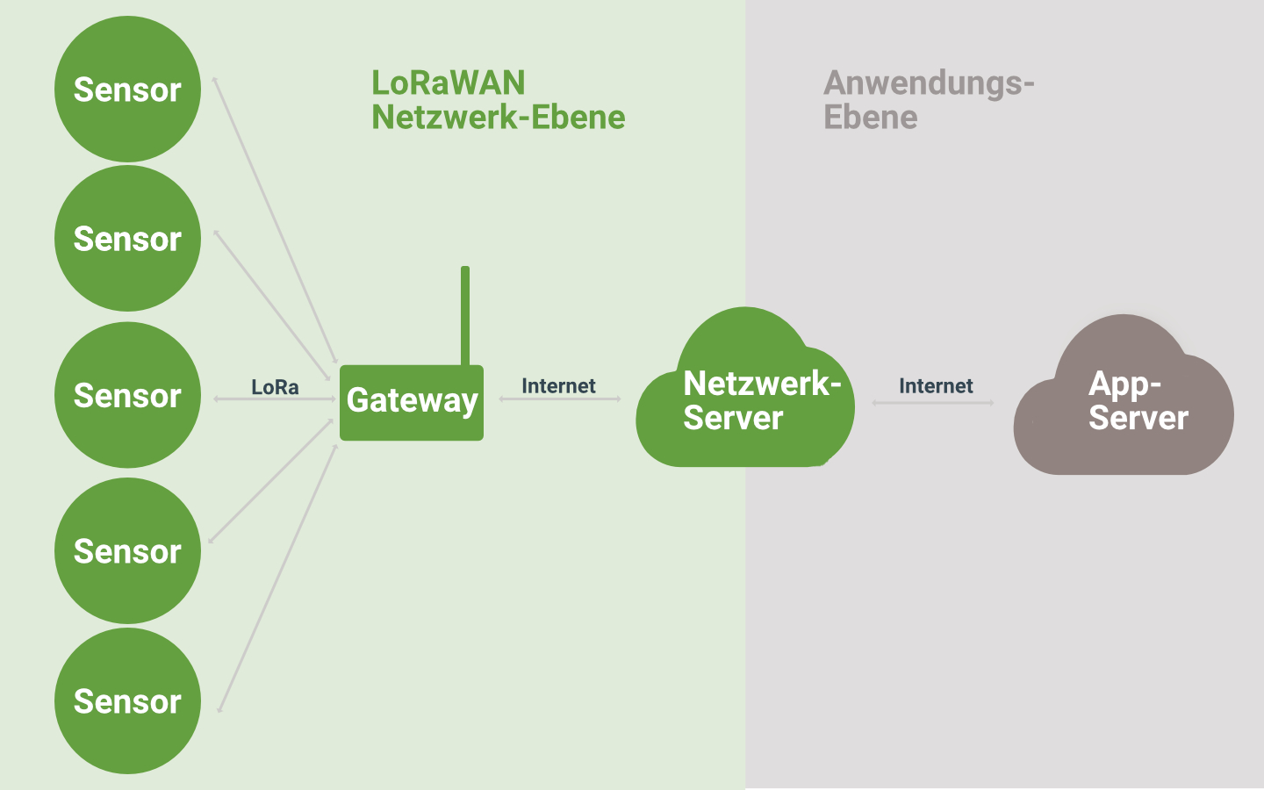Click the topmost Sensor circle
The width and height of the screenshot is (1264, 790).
coord(127,89)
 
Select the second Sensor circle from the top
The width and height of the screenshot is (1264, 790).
coord(127,239)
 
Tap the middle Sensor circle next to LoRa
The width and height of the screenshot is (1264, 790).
coord(127,395)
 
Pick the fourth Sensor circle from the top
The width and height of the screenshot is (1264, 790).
coord(127,551)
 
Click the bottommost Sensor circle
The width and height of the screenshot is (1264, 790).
coord(127,700)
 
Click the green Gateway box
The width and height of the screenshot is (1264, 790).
coord(411,402)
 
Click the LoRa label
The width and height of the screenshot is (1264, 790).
coord(275,387)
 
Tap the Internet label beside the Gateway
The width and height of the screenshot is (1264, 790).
coord(558,386)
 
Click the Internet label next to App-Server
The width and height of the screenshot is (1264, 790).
coord(936,386)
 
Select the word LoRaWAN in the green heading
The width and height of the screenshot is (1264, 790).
coord(448,83)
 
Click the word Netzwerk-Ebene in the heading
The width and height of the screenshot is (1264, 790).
coord(498,118)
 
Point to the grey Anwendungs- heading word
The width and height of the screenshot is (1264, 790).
coord(929,83)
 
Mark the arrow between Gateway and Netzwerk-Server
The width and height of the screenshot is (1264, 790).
coord(560,399)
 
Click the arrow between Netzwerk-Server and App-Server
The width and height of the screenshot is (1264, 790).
coord(933,403)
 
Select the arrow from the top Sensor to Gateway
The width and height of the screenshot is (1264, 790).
coord(275,219)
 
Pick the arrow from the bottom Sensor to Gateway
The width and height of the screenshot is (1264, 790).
coord(278,578)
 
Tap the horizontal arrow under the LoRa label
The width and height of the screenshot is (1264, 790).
coord(275,399)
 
